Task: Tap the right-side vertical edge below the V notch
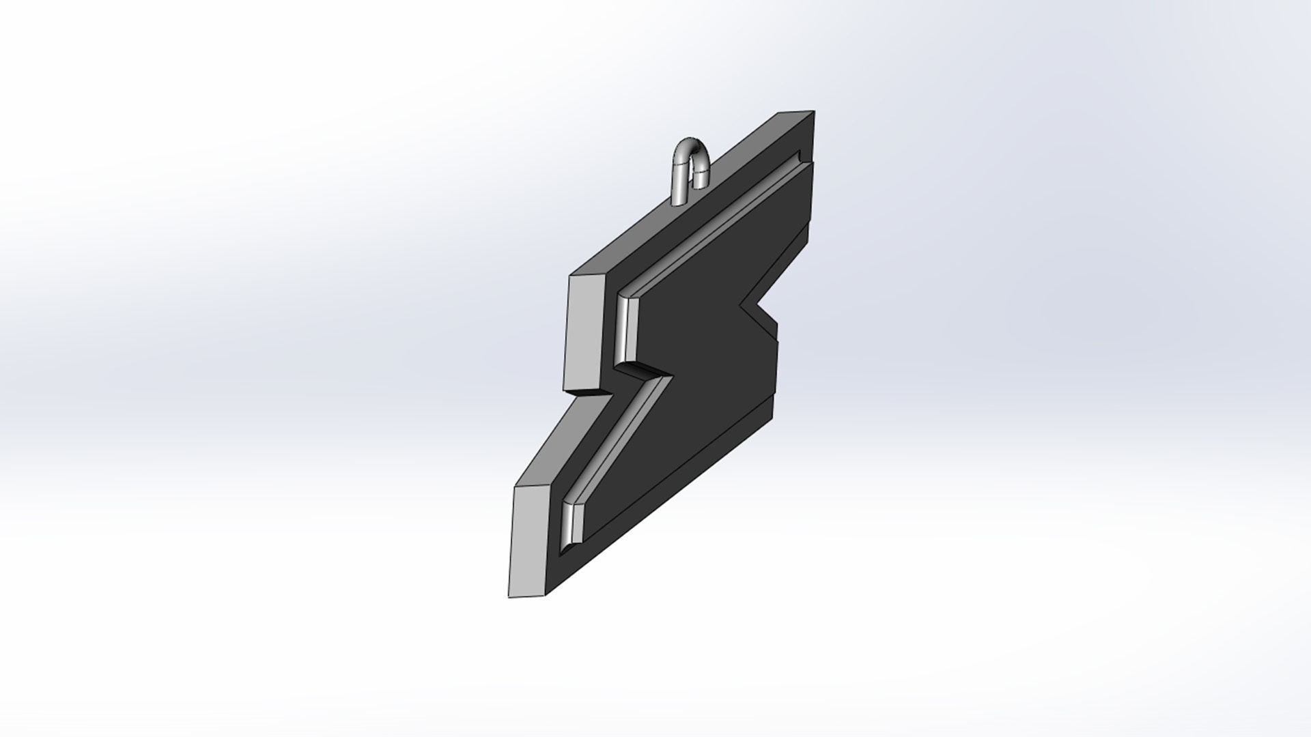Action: [776, 362]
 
